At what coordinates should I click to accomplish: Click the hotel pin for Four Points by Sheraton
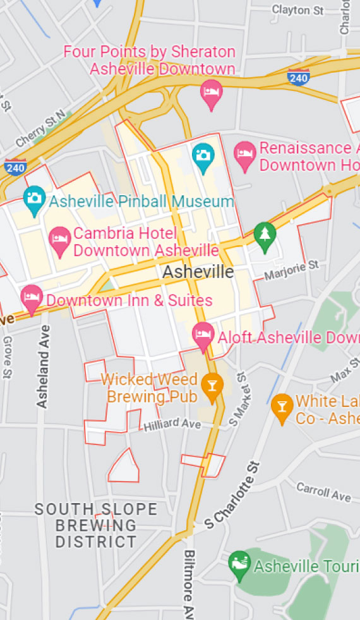click(x=211, y=93)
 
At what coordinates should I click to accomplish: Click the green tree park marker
click(x=265, y=235)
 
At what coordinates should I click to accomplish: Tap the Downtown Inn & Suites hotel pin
click(x=31, y=298)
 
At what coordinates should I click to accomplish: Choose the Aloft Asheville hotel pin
click(x=203, y=335)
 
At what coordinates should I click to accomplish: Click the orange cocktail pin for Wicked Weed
click(x=212, y=386)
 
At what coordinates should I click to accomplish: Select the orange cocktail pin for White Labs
click(x=282, y=407)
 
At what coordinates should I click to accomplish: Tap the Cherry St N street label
click(x=40, y=129)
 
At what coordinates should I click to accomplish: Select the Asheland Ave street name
click(x=43, y=367)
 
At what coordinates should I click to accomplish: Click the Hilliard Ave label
click(x=172, y=424)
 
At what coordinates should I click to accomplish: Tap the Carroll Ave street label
click(x=323, y=491)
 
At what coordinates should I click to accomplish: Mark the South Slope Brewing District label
click(x=96, y=525)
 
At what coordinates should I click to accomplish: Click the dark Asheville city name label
click(x=198, y=272)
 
